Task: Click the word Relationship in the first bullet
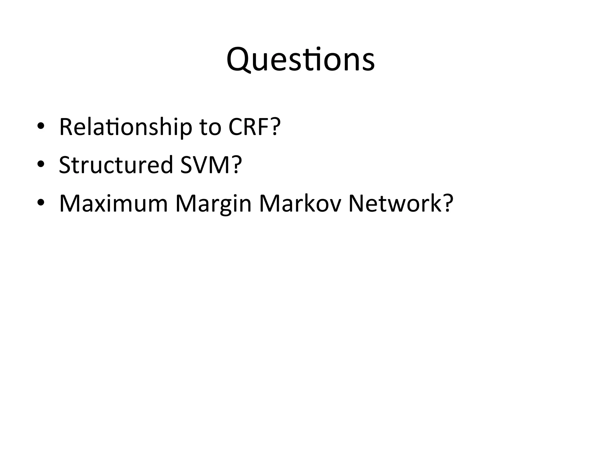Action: tap(126, 127)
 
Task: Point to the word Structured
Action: tap(116, 165)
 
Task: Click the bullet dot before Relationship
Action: tap(41, 127)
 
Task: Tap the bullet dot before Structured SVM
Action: tap(41, 165)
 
